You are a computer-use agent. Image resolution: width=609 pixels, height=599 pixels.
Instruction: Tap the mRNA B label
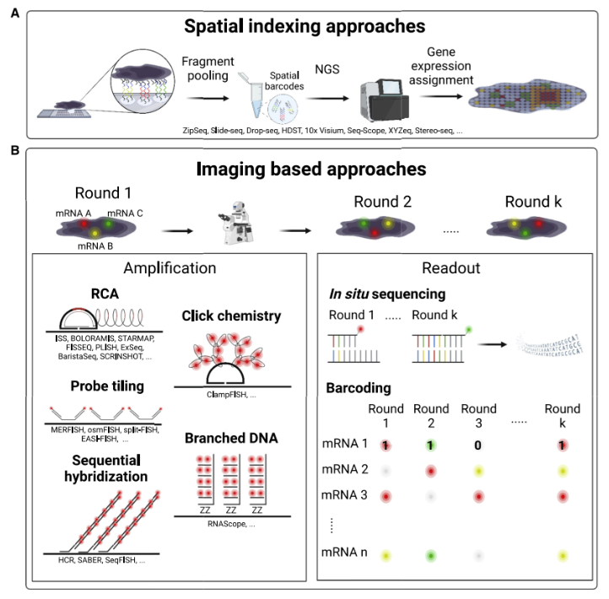pyautogui.click(x=88, y=246)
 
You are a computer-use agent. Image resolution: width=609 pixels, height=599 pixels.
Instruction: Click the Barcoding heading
pyautogui.click(x=358, y=390)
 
